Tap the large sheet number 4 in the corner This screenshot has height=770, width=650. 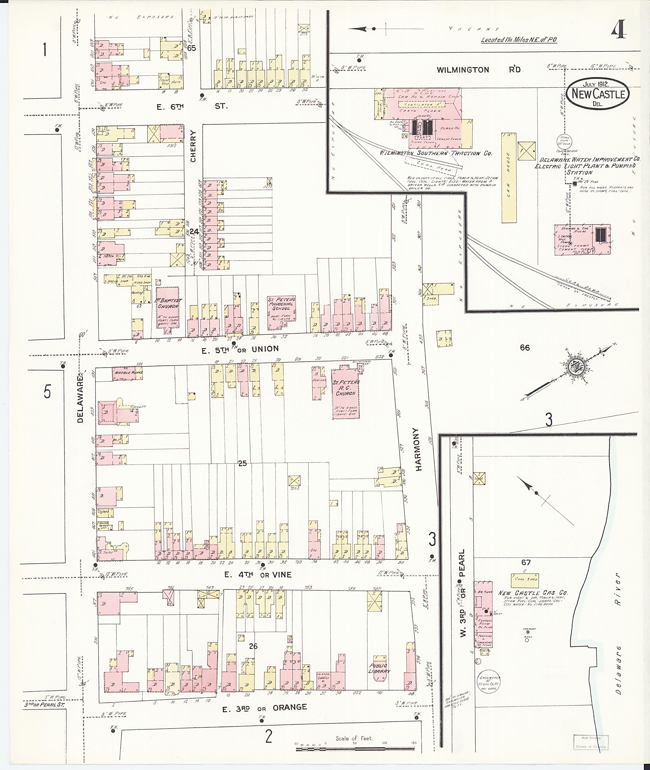point(619,29)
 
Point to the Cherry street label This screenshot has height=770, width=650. point(193,146)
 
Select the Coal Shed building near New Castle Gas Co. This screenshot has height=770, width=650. point(524,580)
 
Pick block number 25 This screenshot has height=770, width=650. point(242,464)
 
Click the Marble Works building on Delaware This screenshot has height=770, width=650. point(127,373)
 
